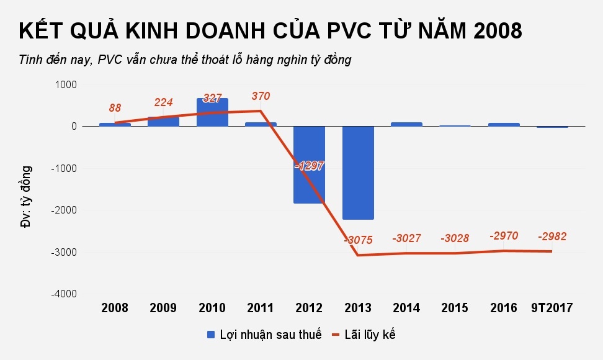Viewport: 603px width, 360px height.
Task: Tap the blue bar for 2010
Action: click(212, 112)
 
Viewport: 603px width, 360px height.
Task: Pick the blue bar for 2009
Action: click(163, 122)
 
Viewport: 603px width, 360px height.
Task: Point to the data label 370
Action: click(261, 96)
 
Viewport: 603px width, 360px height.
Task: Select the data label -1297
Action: click(309, 166)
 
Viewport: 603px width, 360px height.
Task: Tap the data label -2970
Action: click(504, 236)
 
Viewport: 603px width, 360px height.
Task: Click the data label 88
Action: click(115, 108)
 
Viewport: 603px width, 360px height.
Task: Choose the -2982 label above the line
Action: click(552, 236)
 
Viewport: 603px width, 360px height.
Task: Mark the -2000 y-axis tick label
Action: click(62, 210)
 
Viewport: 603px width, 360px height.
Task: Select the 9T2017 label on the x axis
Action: click(552, 308)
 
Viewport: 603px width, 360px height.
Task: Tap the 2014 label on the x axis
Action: click(406, 308)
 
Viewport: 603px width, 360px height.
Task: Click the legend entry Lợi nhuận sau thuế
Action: click(264, 335)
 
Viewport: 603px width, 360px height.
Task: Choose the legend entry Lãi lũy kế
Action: click(364, 335)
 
